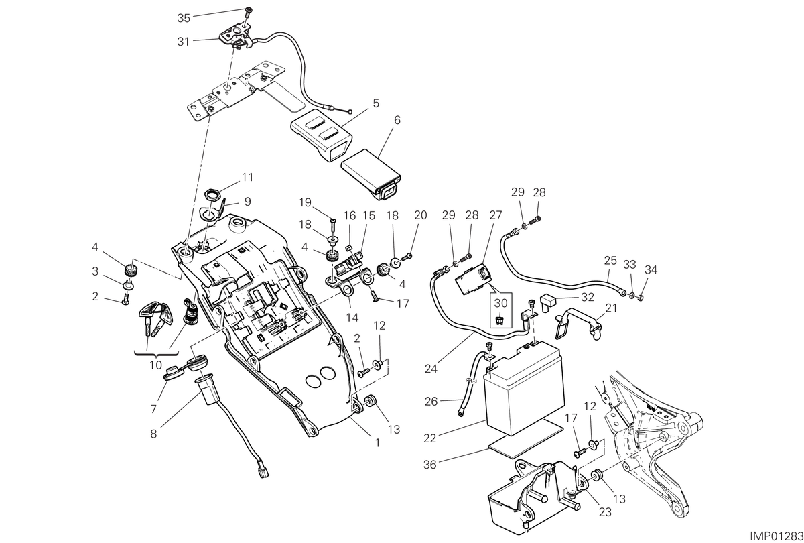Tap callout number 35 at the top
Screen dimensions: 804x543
pyautogui.click(x=184, y=18)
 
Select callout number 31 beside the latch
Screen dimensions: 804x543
pyautogui.click(x=183, y=42)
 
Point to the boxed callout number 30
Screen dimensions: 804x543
pyautogui.click(x=500, y=304)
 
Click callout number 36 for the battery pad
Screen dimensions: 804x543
pyautogui.click(x=429, y=465)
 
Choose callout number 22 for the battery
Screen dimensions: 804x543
pyautogui.click(x=429, y=438)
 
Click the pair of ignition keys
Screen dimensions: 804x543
pyautogui.click(x=155, y=318)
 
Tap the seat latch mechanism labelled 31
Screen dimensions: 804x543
pyautogui.click(x=236, y=38)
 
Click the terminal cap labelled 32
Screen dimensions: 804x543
pyautogui.click(x=547, y=302)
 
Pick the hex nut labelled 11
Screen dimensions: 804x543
pyautogui.click(x=213, y=196)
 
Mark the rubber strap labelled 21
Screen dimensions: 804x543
pyautogui.click(x=578, y=325)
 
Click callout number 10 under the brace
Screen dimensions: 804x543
pyautogui.click(x=155, y=365)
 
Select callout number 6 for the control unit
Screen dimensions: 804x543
pyautogui.click(x=397, y=120)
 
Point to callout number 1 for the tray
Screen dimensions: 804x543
pyautogui.click(x=377, y=443)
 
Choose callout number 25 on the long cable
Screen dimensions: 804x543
pyautogui.click(x=610, y=260)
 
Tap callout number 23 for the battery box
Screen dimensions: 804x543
pyautogui.click(x=605, y=512)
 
